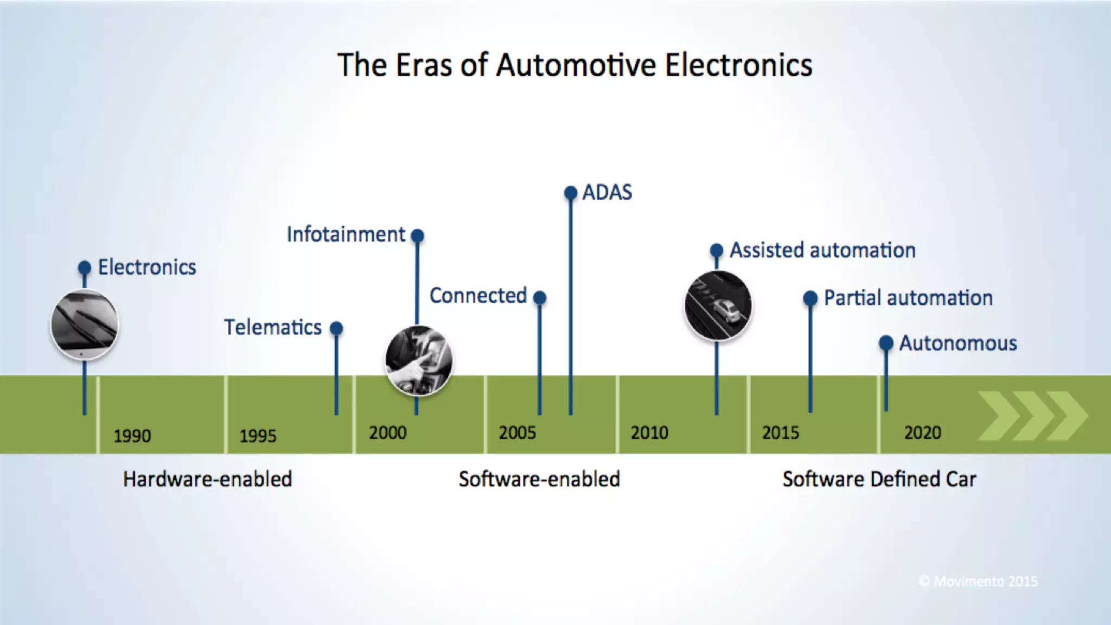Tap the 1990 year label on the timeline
(132, 436)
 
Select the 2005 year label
(517, 433)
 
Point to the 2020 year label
(922, 433)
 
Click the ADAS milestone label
(607, 193)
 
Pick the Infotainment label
(346, 235)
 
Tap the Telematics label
(273, 328)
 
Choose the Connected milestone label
(478, 296)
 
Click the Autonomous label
(958, 343)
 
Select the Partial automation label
(908, 298)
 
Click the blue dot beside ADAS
(571, 193)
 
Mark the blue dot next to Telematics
(336, 328)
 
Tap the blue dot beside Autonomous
(886, 343)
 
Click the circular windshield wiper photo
(85, 324)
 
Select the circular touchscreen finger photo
(418, 361)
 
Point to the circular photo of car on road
(718, 305)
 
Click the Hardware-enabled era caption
(207, 480)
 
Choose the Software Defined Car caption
(879, 480)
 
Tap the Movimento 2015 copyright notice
(978, 582)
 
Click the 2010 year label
(649, 433)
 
